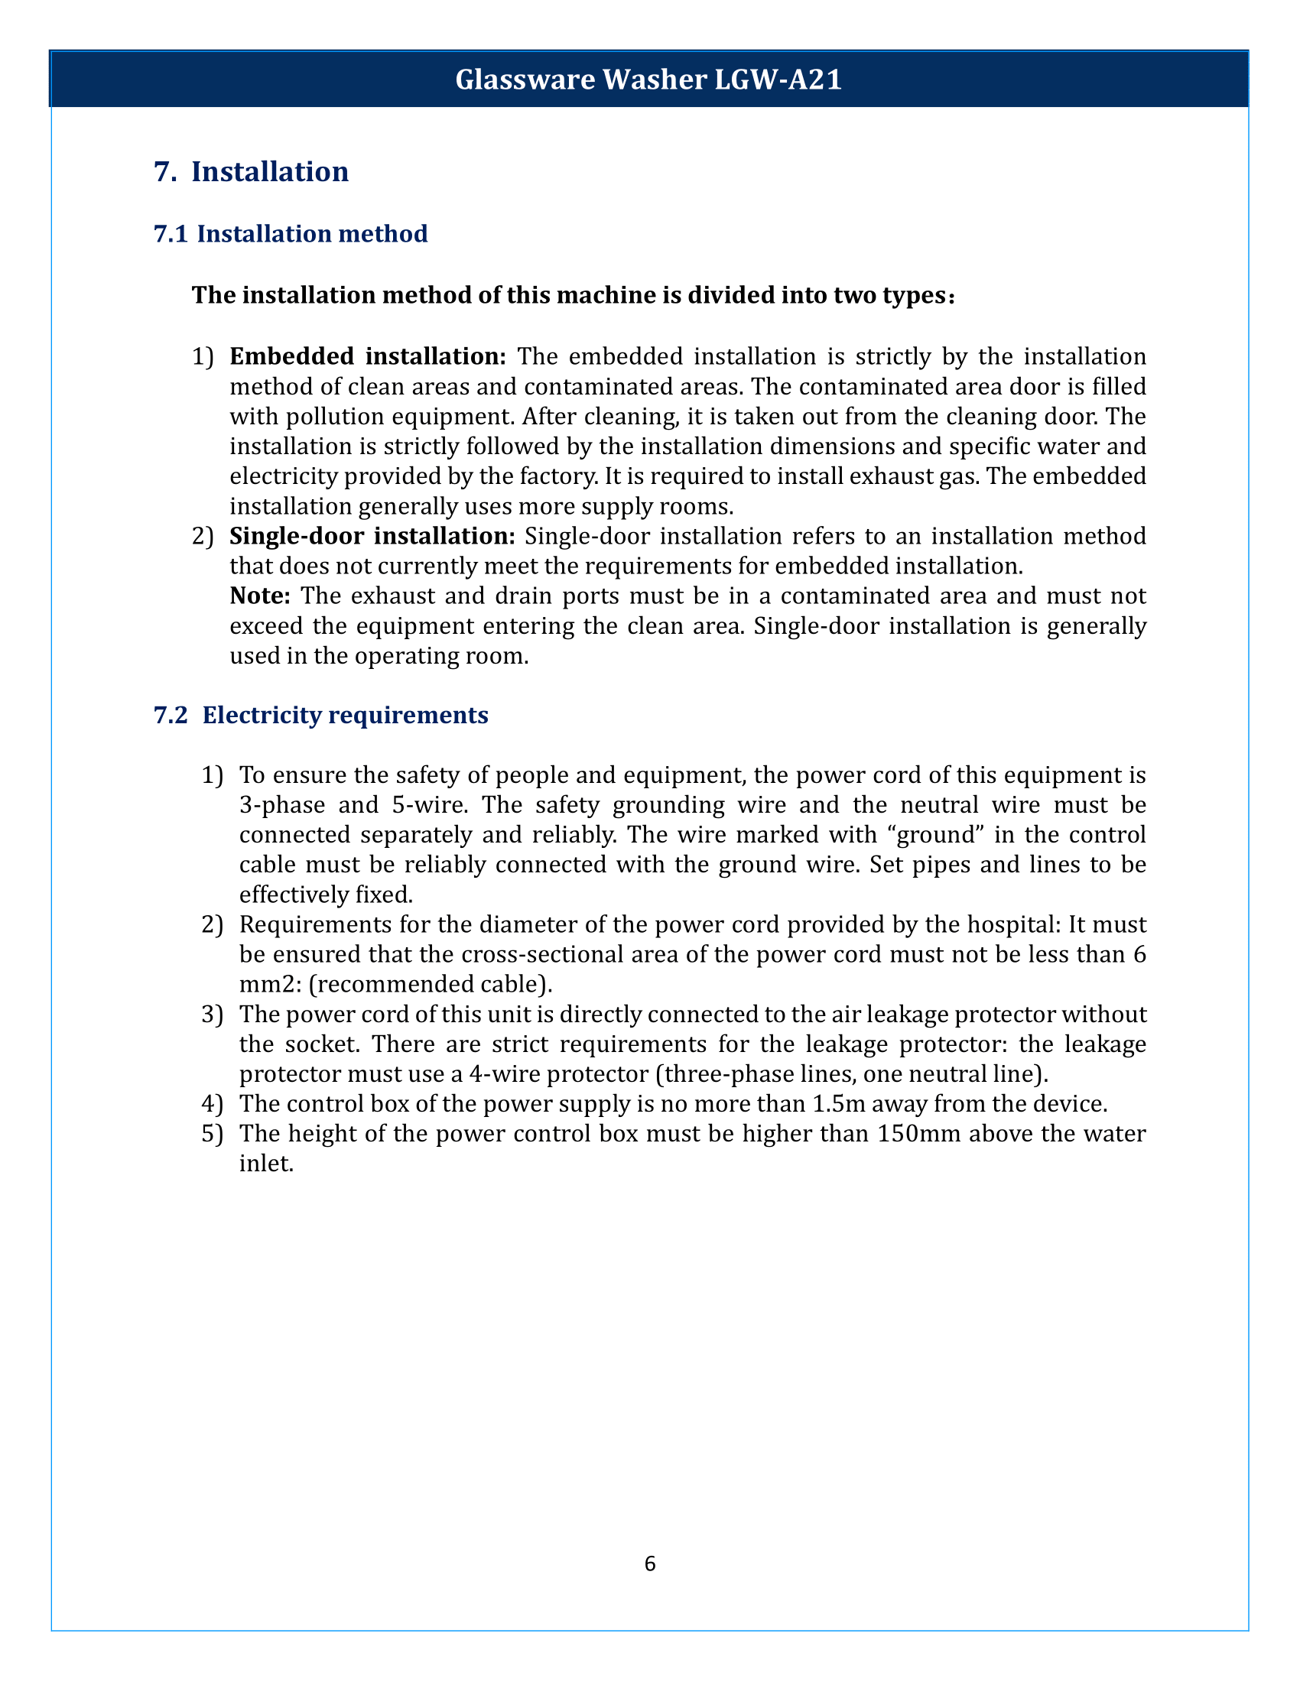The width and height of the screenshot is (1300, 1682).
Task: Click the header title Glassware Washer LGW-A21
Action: (x=648, y=80)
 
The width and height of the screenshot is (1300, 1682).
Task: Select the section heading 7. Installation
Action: (x=251, y=171)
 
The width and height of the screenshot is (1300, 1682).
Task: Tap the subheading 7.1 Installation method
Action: (x=291, y=233)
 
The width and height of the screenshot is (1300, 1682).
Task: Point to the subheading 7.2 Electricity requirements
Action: (x=321, y=715)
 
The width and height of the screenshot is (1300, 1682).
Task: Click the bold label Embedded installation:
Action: (x=367, y=356)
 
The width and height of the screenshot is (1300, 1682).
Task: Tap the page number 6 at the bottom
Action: (x=649, y=1563)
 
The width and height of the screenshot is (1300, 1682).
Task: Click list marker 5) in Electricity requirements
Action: (x=212, y=1134)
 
